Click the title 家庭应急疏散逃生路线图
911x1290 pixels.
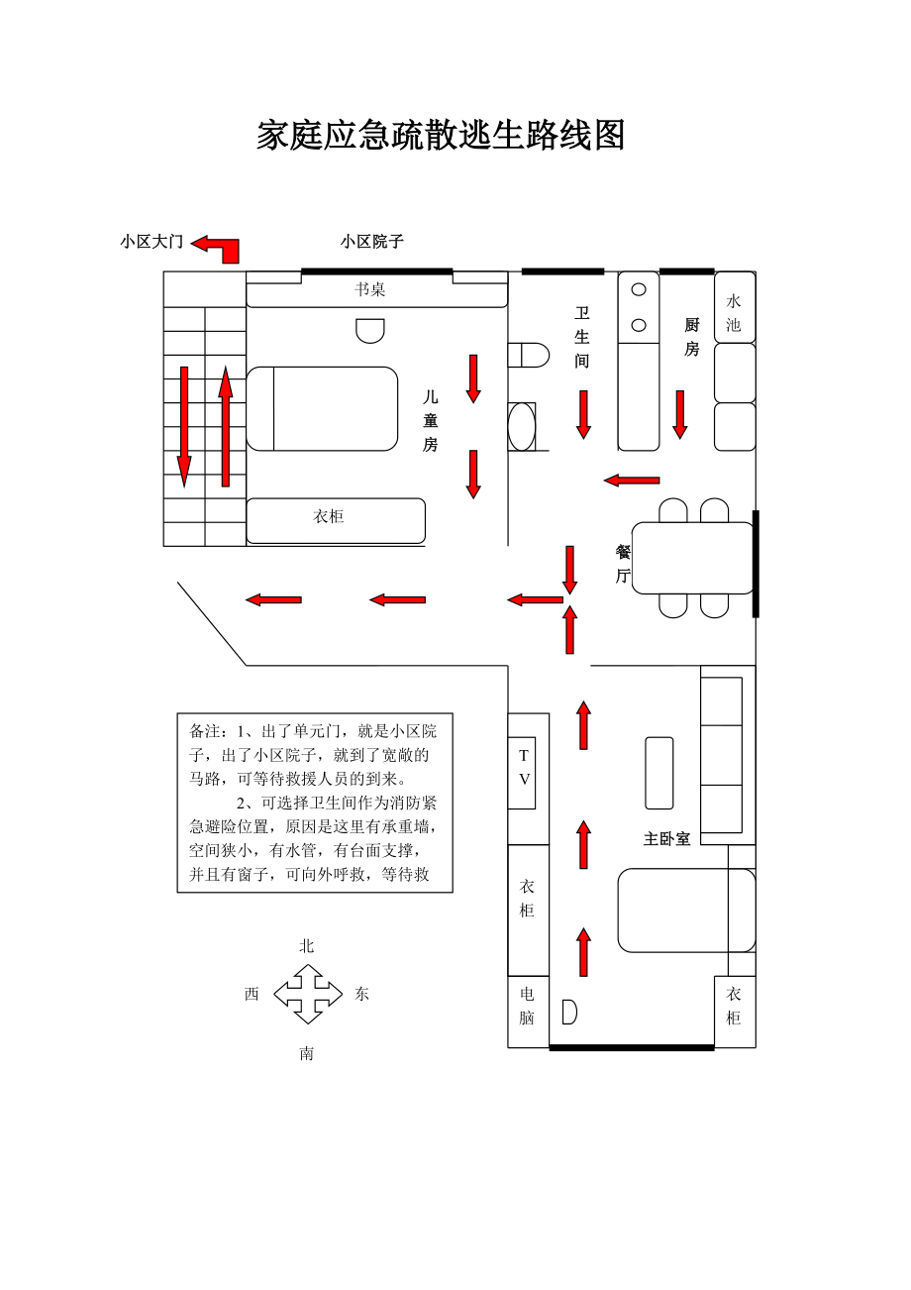(441, 136)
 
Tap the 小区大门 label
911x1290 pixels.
(152, 241)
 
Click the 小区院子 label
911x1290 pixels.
(371, 241)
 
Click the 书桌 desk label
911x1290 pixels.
(370, 289)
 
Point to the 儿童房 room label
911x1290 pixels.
(430, 420)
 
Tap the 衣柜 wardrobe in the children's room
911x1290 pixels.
(335, 519)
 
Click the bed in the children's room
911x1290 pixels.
(322, 408)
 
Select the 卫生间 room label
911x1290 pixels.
(582, 337)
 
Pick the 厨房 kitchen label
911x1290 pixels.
(691, 337)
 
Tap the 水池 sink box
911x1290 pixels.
(734, 312)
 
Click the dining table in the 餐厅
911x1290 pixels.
(693, 558)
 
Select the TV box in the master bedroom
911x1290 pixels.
(524, 772)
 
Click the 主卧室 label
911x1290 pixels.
(666, 839)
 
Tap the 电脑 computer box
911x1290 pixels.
(527, 1006)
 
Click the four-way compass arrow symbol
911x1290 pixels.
(308, 993)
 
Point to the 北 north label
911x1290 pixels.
(307, 946)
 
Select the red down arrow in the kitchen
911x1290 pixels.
(680, 414)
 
